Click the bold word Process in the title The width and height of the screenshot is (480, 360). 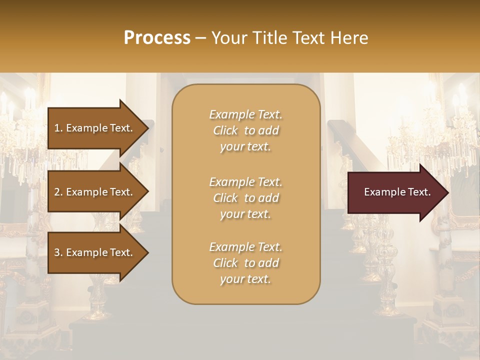[x=157, y=38]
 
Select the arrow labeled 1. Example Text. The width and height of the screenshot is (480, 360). [x=95, y=128]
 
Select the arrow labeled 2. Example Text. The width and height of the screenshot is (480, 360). [x=95, y=192]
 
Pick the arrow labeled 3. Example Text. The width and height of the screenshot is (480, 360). [x=95, y=252]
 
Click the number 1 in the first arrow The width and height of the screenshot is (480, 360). [x=57, y=128]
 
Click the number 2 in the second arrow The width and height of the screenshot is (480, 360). [x=57, y=192]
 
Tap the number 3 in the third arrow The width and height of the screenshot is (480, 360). [x=57, y=252]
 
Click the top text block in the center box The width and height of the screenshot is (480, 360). [x=246, y=130]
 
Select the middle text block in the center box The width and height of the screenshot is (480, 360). [x=246, y=198]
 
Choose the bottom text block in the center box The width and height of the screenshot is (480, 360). [x=246, y=263]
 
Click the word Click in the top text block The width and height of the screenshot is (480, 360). [x=225, y=130]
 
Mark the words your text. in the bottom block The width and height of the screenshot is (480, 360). [x=245, y=279]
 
